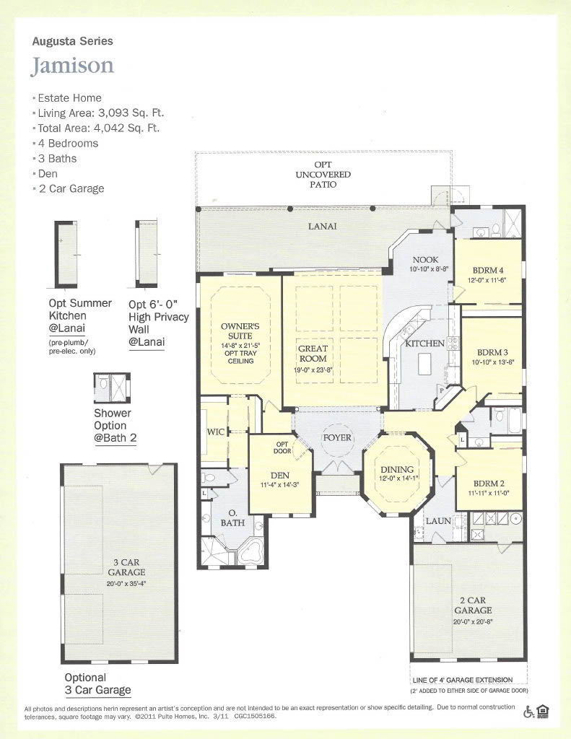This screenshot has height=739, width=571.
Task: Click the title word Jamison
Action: tap(72, 66)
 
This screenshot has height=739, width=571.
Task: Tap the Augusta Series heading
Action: tap(72, 42)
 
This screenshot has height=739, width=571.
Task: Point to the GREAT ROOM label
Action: tap(313, 353)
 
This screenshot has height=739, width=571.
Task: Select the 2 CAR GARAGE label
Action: tap(471, 605)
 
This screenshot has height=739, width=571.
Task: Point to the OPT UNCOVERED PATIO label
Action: tap(323, 175)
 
